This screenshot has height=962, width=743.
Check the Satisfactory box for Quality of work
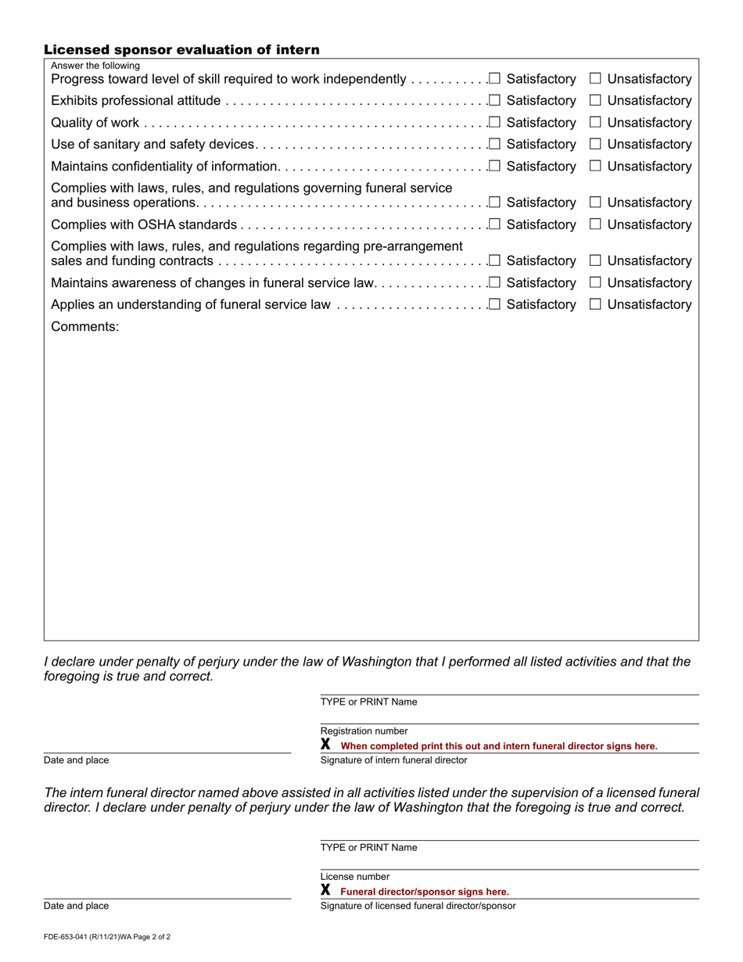pyautogui.click(x=494, y=122)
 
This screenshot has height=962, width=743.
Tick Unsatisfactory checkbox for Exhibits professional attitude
pyautogui.click(x=595, y=100)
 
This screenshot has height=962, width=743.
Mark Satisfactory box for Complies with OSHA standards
pyautogui.click(x=494, y=224)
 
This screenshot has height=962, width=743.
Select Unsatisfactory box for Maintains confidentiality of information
pyautogui.click(x=595, y=166)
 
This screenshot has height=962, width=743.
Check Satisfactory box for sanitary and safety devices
pyautogui.click(x=494, y=144)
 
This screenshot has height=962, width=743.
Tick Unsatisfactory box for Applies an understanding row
pyautogui.click(x=595, y=304)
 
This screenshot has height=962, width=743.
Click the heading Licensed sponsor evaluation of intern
pyautogui.click(x=181, y=50)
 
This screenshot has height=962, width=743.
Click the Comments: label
pyautogui.click(x=85, y=327)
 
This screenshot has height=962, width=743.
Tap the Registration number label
pyautogui.click(x=364, y=731)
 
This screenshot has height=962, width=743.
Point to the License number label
pyautogui.click(x=355, y=877)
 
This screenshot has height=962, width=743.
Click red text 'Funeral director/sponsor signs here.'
pyautogui.click(x=425, y=892)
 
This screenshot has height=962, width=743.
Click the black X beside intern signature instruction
pyautogui.click(x=326, y=745)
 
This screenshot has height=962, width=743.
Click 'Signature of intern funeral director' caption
pyautogui.click(x=393, y=760)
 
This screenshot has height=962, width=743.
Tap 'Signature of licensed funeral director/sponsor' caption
pyautogui.click(x=418, y=906)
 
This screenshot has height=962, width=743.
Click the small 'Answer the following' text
pyautogui.click(x=95, y=66)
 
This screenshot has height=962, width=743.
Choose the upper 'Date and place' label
pyautogui.click(x=77, y=760)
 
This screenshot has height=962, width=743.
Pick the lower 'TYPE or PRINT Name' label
pyautogui.click(x=368, y=848)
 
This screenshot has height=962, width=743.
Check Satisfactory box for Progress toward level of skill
pyautogui.click(x=494, y=78)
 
